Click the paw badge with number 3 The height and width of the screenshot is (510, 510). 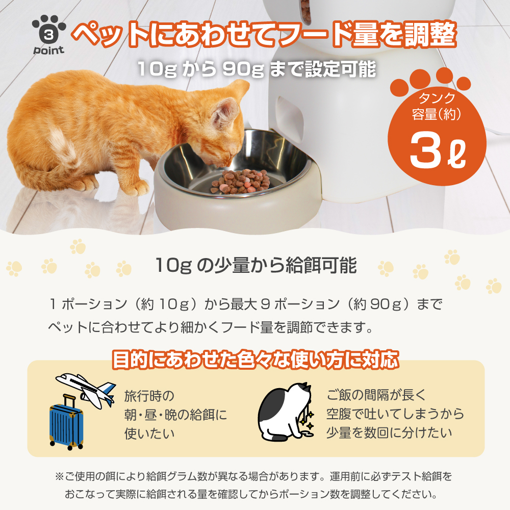coord(48,32)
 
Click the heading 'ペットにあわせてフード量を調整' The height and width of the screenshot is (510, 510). coord(264,34)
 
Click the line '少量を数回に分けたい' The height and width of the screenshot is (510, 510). coord(389,432)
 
